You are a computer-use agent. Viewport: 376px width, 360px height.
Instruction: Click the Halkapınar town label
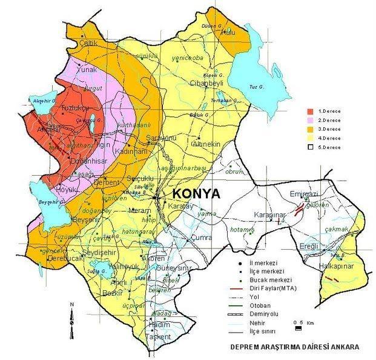click(334, 266)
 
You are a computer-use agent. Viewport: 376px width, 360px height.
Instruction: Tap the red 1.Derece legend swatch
click(310, 112)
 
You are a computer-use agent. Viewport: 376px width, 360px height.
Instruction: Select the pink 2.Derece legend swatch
click(310, 120)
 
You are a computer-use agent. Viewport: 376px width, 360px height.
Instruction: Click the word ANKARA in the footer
click(342, 347)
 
